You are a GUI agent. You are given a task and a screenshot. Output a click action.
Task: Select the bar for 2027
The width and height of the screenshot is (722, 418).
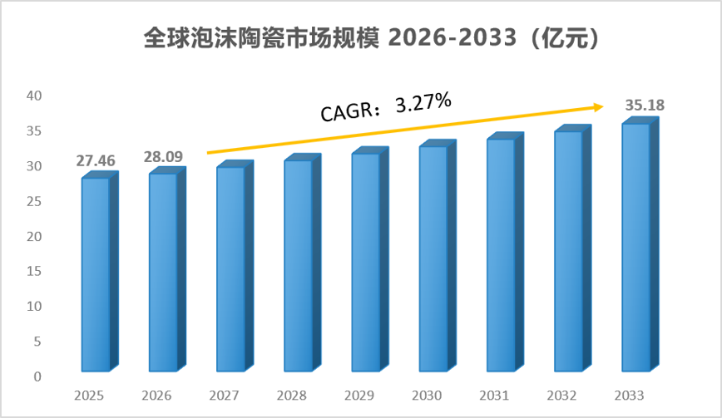235,266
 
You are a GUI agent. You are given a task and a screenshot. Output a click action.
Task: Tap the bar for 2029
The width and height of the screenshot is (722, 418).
370,259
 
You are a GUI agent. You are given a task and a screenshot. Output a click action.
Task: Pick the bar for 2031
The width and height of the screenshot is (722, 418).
505,252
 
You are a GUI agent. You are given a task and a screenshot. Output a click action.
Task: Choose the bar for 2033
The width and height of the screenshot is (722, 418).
640,244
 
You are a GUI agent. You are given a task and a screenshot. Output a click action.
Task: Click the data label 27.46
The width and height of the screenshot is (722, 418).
96,161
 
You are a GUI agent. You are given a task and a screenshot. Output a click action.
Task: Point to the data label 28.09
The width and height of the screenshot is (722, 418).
163,157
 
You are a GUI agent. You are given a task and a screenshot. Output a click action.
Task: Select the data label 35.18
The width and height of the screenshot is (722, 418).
645,106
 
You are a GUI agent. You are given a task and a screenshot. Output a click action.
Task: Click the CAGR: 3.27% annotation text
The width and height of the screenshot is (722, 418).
386,107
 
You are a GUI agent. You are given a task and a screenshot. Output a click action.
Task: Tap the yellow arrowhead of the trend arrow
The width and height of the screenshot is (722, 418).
599,107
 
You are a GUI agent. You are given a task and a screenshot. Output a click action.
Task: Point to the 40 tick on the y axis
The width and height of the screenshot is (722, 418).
34,96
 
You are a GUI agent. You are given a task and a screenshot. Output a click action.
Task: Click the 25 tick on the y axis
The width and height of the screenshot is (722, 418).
34,201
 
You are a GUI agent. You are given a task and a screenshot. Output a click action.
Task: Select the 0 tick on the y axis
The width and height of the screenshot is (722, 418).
37,376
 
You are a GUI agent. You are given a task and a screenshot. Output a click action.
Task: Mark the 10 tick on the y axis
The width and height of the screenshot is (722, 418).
34,307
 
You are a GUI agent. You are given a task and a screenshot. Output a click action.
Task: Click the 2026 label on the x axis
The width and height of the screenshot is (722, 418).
156,396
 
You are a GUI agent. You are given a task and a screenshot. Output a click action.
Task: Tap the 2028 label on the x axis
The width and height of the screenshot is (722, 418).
291,396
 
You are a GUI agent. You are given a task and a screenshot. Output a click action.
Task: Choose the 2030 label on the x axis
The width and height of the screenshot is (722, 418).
427,396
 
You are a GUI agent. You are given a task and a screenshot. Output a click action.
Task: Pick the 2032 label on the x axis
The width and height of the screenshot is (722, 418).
561,396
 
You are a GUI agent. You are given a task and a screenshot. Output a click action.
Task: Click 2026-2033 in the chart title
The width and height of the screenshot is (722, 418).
452,37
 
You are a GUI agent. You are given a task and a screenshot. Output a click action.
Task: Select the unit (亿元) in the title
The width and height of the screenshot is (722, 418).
565,37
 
